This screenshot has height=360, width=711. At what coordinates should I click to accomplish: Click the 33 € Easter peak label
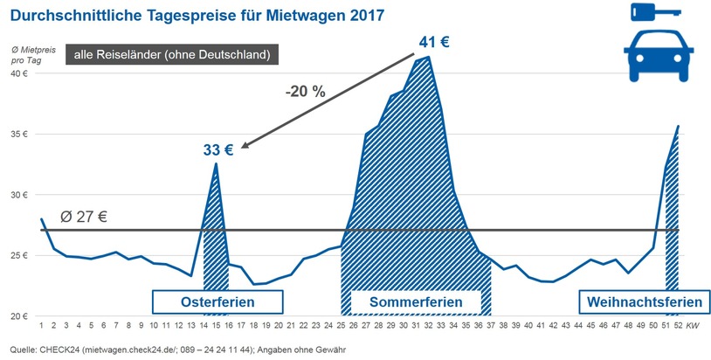point(218,150)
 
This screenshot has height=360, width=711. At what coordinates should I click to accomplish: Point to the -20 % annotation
point(307,91)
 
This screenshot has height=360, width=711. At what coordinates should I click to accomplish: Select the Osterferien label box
point(217,302)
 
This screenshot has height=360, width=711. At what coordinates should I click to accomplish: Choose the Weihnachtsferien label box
point(645,302)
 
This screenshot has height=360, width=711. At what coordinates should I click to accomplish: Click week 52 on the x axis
point(677,325)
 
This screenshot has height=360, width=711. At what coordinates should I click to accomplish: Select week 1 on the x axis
point(41,325)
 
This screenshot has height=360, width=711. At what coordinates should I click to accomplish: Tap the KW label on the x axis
point(692,325)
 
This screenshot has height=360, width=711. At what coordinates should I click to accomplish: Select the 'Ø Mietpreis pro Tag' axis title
point(25,54)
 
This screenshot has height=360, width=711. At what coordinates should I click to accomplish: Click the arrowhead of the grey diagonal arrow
point(246,147)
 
